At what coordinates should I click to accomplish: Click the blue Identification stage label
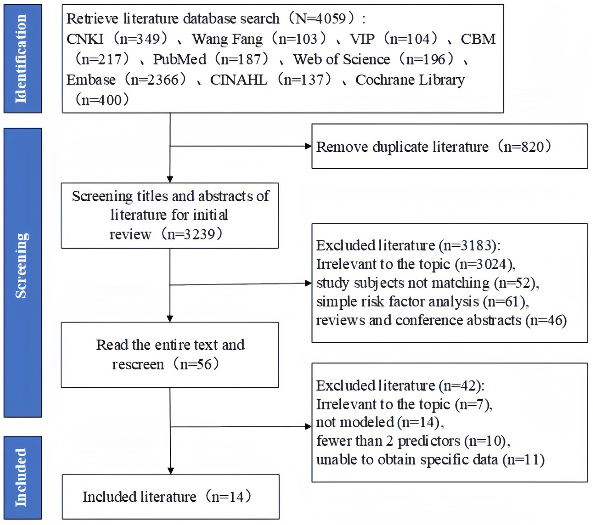[x=22, y=59]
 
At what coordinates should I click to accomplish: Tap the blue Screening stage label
[x=22, y=273]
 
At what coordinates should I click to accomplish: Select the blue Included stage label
[x=22, y=478]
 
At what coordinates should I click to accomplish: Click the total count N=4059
[x=323, y=19]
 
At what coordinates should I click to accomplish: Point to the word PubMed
[x=180, y=59]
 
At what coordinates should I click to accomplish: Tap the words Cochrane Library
[x=410, y=80]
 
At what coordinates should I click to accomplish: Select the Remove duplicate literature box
[x=449, y=146]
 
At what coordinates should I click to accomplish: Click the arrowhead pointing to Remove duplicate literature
[x=308, y=146]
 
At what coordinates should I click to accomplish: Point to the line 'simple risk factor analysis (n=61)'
[x=422, y=301]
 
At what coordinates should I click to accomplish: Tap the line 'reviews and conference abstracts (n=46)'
[x=441, y=320]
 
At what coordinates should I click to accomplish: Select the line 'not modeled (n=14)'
[x=380, y=422]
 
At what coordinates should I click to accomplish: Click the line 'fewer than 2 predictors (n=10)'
[x=413, y=441]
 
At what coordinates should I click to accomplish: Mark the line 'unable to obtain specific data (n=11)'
[x=430, y=460]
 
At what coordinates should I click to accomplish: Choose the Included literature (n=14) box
[x=170, y=496]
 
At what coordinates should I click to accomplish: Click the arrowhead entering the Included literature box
[x=170, y=471]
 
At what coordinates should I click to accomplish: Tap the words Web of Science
[x=342, y=59]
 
